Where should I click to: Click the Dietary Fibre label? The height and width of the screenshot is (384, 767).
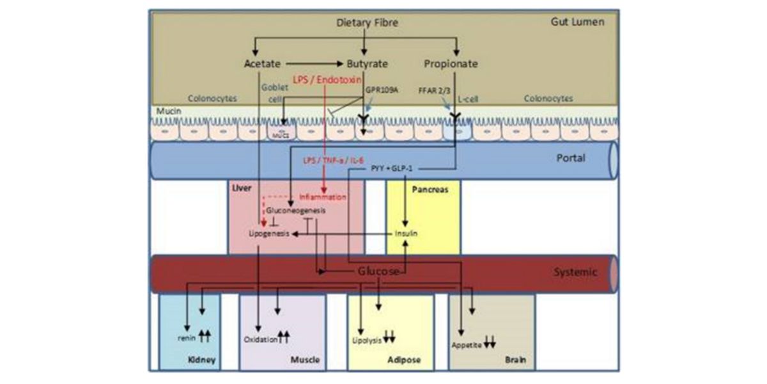pos(368,23)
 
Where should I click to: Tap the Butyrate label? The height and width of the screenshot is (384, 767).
pos(367,64)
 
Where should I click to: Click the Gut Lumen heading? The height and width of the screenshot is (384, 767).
pos(577,22)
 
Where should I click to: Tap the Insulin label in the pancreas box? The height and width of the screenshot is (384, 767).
pos(406,234)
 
